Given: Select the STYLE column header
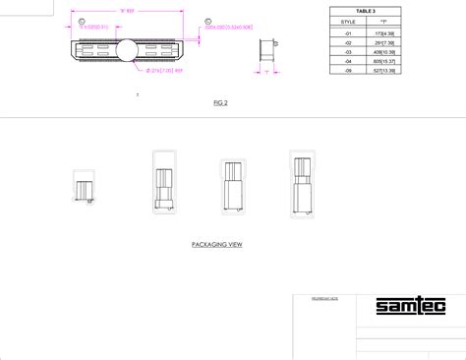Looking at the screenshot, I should click(349, 20).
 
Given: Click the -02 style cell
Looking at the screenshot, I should click(349, 42).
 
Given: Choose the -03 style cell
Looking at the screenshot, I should click(349, 52).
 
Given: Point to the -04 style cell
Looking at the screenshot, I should click(349, 62).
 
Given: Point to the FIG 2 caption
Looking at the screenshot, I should click(219, 103).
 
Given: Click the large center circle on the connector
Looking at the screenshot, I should click(126, 50).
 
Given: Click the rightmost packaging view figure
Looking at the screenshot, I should click(303, 182).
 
